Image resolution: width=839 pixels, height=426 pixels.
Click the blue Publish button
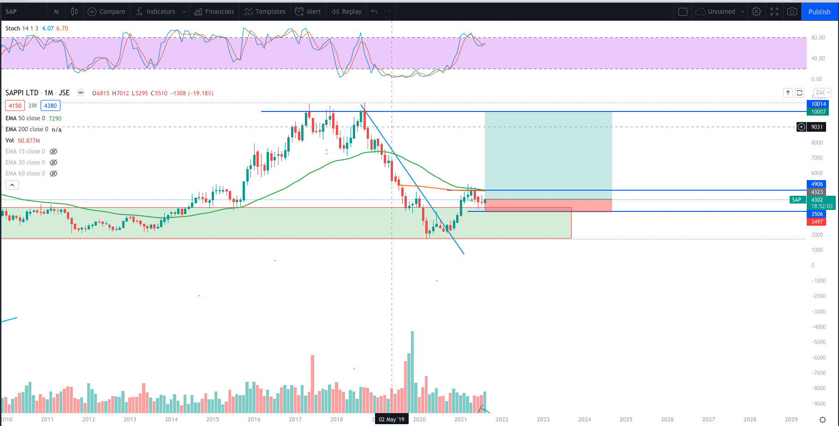[819, 12]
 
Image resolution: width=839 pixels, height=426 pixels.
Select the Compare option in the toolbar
[107, 12]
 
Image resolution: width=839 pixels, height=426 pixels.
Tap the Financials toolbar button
[214, 12]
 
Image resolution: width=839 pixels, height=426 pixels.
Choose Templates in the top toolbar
[265, 12]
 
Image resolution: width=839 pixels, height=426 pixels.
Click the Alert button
[308, 12]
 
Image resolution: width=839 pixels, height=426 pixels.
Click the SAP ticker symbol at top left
[11, 12]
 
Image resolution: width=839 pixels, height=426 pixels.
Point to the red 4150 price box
[15, 105]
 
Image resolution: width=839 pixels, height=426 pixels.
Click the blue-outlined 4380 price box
[50, 105]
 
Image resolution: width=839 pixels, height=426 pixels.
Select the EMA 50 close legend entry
[25, 118]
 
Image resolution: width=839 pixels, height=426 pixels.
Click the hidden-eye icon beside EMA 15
[54, 152]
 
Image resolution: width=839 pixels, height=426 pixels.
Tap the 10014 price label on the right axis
[818, 104]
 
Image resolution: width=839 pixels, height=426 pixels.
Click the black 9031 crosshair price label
[817, 127]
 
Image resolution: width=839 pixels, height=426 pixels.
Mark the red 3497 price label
[817, 222]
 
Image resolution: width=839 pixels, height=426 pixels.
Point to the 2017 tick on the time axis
[295, 419]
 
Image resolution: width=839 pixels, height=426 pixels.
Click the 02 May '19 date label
[391, 419]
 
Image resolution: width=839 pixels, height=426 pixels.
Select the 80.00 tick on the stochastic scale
[818, 38]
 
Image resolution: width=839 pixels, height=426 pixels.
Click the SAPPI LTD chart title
[22, 93]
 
